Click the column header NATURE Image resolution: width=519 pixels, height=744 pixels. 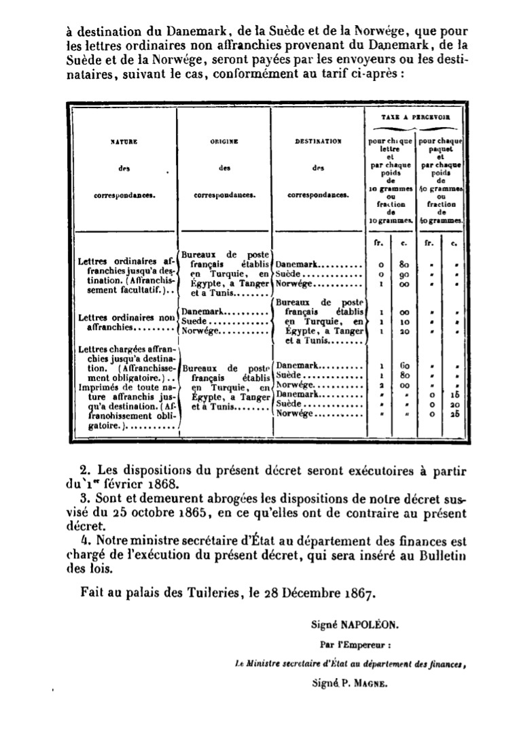click(x=124, y=141)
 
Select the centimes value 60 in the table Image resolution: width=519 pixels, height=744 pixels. click(x=404, y=366)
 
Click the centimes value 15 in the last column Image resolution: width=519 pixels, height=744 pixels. click(x=453, y=394)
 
